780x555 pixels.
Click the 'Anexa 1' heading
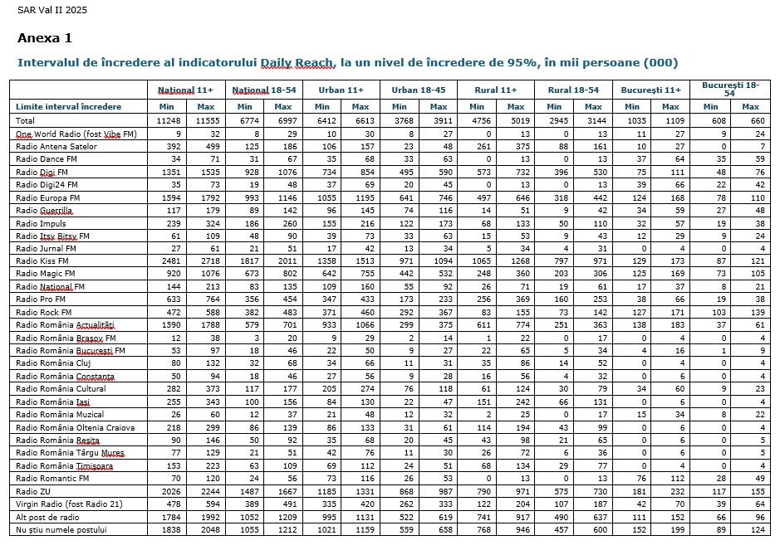click(45, 38)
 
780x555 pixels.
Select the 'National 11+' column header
click(187, 90)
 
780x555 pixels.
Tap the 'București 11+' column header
click(651, 90)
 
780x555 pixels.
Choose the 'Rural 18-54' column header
click(574, 90)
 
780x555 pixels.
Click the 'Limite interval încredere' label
click(68, 107)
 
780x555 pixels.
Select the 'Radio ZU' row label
click(34, 491)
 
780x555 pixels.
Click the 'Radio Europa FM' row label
click(48, 197)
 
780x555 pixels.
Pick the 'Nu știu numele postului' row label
click(61, 529)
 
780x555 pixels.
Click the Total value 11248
click(168, 120)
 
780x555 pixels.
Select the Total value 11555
click(205, 120)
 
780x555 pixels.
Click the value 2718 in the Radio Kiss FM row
click(205, 261)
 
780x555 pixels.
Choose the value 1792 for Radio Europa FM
click(205, 197)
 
